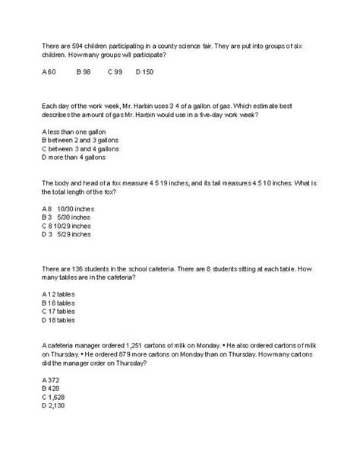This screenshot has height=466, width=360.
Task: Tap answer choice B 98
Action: pos(84,72)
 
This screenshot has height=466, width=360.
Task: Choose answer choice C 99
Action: pos(115,72)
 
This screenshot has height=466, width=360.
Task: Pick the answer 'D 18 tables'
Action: pos(58,321)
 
